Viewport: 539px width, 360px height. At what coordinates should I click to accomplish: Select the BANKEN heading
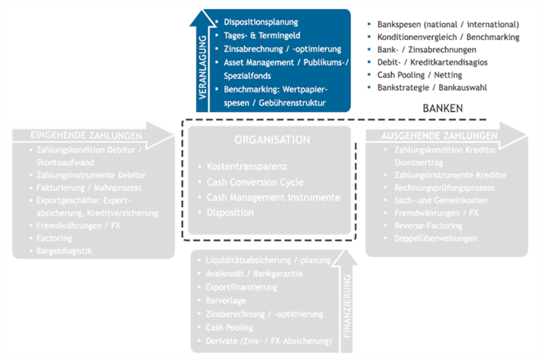pos(443,108)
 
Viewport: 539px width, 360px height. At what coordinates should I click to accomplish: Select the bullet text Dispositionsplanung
pos(261,22)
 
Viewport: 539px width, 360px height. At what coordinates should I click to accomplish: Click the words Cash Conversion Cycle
pos(255,181)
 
